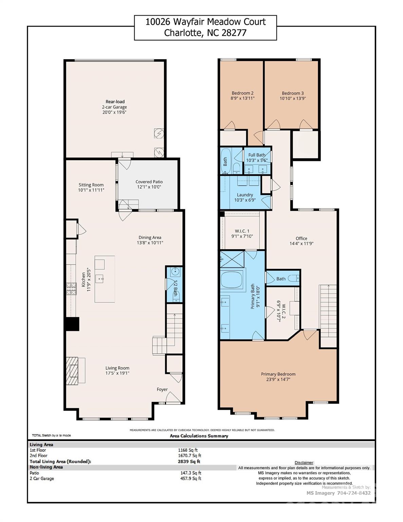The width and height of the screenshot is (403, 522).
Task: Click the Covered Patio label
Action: [x=149, y=182]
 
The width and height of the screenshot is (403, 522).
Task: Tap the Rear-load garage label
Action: [x=115, y=102]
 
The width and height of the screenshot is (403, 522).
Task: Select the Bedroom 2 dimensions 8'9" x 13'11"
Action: [x=242, y=98]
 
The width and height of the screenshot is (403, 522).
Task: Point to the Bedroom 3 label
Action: [x=293, y=93]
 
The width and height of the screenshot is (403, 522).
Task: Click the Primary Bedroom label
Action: [x=278, y=374]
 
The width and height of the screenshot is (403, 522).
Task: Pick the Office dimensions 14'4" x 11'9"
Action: [x=301, y=244]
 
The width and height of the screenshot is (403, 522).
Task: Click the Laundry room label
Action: [x=245, y=195]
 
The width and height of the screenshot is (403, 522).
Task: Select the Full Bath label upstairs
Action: [x=257, y=155]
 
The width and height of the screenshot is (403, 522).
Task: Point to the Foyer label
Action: [x=162, y=389]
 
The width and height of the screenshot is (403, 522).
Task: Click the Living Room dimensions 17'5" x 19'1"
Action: [x=117, y=373]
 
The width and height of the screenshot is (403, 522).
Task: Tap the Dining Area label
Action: [x=150, y=238]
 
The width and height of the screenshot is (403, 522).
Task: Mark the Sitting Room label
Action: [x=91, y=185]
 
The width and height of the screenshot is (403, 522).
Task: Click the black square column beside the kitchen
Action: [x=72, y=324]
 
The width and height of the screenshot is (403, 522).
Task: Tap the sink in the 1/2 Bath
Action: [x=176, y=272]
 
